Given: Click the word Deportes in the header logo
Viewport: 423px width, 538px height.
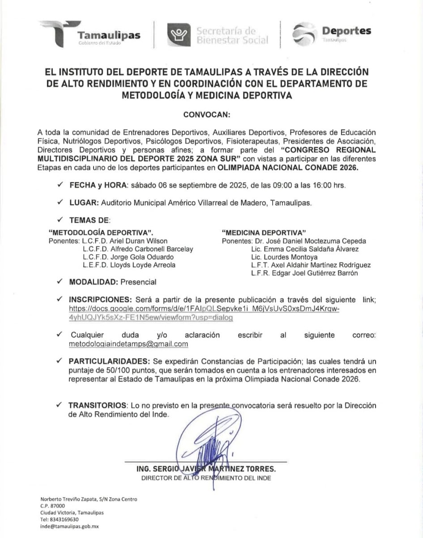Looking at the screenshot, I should pyautogui.click(x=346, y=31).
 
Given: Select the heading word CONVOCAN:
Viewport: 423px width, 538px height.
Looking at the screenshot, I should pyautogui.click(x=207, y=115).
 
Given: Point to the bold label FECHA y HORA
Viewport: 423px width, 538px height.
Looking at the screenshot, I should pyautogui.click(x=98, y=185).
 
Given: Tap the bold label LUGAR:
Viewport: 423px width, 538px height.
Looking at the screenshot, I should pyautogui.click(x=84, y=203).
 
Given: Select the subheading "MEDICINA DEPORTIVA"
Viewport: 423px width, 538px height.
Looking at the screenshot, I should pyautogui.click(x=264, y=233).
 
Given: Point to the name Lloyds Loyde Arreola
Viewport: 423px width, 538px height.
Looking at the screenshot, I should pyautogui.click(x=143, y=265).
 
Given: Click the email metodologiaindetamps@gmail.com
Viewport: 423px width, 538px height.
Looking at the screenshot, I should pyautogui.click(x=128, y=344).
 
